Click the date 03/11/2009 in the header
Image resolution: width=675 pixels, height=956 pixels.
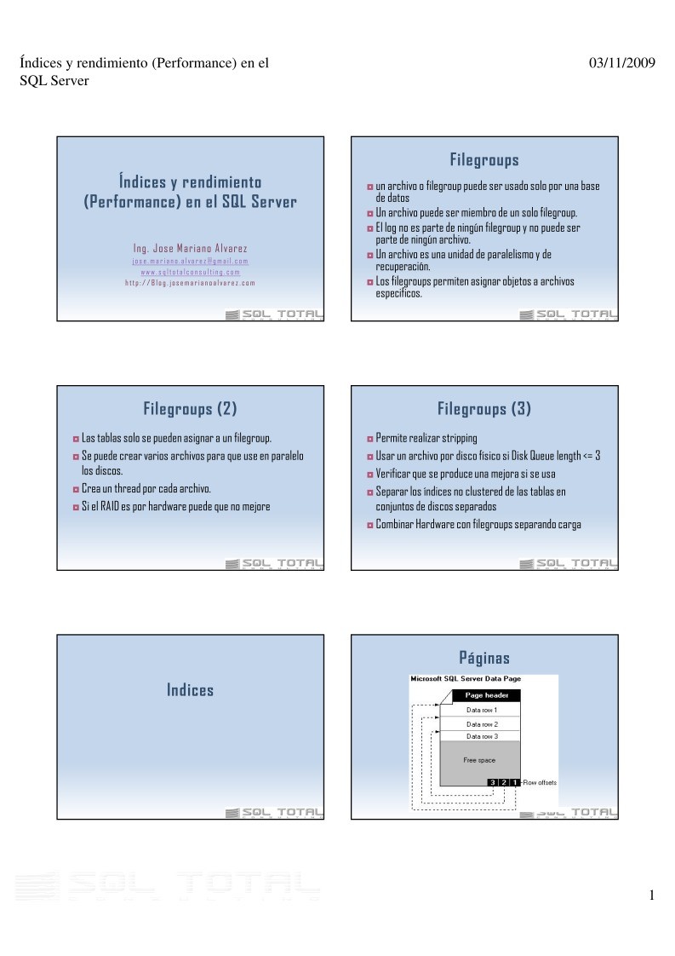tap(621, 63)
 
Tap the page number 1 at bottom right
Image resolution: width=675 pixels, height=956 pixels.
tap(651, 895)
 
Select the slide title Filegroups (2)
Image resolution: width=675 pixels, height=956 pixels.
tap(190, 409)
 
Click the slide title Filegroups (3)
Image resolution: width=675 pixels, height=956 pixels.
tap(484, 409)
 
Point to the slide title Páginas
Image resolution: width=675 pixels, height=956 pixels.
tap(484, 658)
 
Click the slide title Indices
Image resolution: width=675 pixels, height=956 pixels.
tap(190, 690)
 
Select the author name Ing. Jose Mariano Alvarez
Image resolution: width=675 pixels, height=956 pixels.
tap(190, 249)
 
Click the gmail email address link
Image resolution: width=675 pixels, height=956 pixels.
tap(190, 261)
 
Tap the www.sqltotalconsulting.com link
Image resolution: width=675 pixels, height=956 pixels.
tap(190, 272)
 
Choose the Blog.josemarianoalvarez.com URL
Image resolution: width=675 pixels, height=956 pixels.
tap(190, 283)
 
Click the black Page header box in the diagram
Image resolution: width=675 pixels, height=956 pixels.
tap(486, 695)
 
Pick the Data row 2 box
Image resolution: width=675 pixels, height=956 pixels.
tap(482, 723)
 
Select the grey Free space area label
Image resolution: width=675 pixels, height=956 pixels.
tap(479, 759)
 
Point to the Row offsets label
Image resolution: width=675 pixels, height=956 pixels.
tap(540, 781)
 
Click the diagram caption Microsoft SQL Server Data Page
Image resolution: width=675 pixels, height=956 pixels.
tap(466, 679)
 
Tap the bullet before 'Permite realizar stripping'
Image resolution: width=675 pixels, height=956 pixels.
tap(369, 439)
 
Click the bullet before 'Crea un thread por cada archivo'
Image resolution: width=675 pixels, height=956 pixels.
tap(75, 489)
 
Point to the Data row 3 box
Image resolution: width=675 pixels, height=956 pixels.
tap(482, 736)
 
